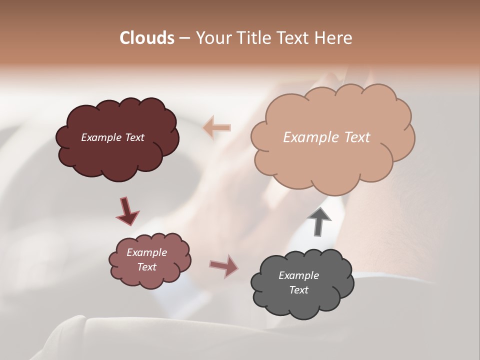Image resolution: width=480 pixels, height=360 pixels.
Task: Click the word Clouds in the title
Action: click(x=147, y=38)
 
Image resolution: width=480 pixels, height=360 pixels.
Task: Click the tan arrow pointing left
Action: click(x=217, y=127)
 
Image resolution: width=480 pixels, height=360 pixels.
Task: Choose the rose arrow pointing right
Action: click(x=224, y=266)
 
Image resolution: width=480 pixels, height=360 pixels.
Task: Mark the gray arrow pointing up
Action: click(x=319, y=221)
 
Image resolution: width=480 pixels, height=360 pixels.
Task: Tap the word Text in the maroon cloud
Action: click(x=135, y=137)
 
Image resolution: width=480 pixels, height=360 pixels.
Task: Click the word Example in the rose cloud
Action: click(x=146, y=252)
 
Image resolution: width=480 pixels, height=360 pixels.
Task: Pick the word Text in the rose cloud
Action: click(x=146, y=267)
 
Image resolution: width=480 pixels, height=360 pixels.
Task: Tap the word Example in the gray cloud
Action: click(x=298, y=275)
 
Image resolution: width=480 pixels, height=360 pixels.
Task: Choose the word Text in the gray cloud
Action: click(x=298, y=290)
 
